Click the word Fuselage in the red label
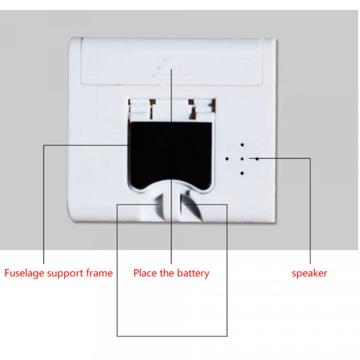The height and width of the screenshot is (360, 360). [x=23, y=274]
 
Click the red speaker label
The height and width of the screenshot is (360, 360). [x=310, y=274]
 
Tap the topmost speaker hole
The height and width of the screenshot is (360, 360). [x=242, y=144]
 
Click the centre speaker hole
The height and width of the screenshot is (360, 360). [x=242, y=158]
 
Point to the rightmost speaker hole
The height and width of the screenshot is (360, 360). [x=257, y=158]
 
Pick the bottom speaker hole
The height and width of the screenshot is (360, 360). [x=242, y=173]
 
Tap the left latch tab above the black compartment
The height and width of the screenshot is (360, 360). [x=143, y=108]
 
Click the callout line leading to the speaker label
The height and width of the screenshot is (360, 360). [x=310, y=211]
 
